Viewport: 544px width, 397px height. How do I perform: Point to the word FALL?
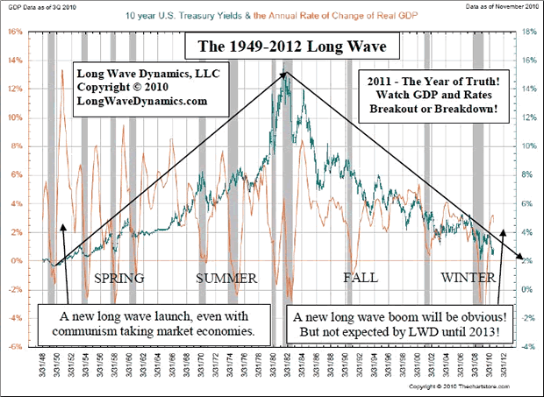click(361, 278)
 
